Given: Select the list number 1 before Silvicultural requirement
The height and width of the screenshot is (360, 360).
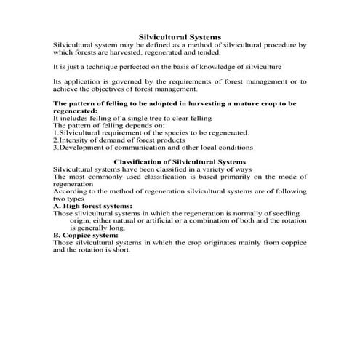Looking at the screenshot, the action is pos(56,133).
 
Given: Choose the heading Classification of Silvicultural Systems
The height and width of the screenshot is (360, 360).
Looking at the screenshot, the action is pos(180,161).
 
